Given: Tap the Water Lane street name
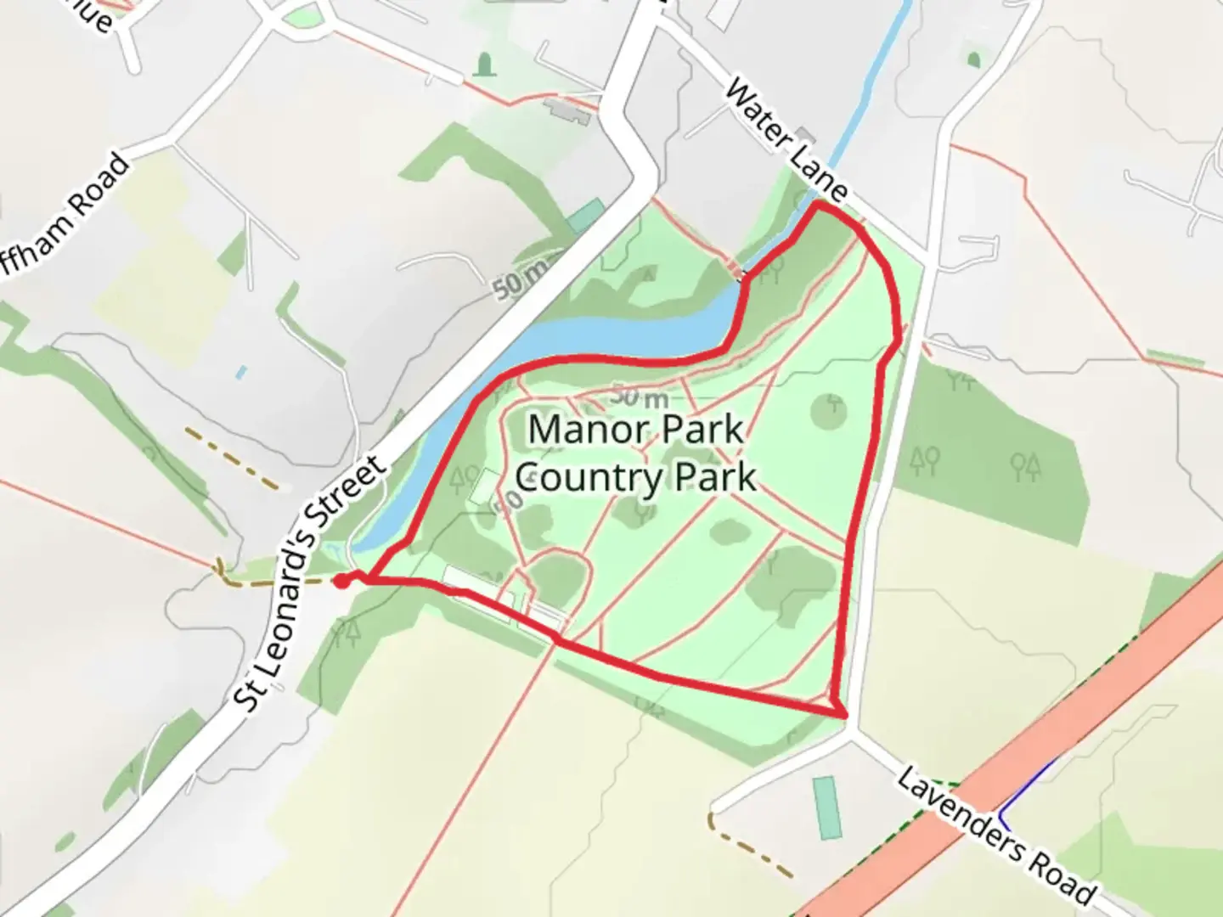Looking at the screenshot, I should pyautogui.click(x=786, y=140).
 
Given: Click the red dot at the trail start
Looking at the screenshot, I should pyautogui.click(x=341, y=581).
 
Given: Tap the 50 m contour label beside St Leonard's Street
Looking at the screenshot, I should pyautogui.click(x=520, y=278).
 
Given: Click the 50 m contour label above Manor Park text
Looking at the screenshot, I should pyautogui.click(x=640, y=396).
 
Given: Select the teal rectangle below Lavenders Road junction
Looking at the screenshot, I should pyautogui.click(x=826, y=807).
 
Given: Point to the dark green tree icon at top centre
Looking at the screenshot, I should pyautogui.click(x=484, y=64).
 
